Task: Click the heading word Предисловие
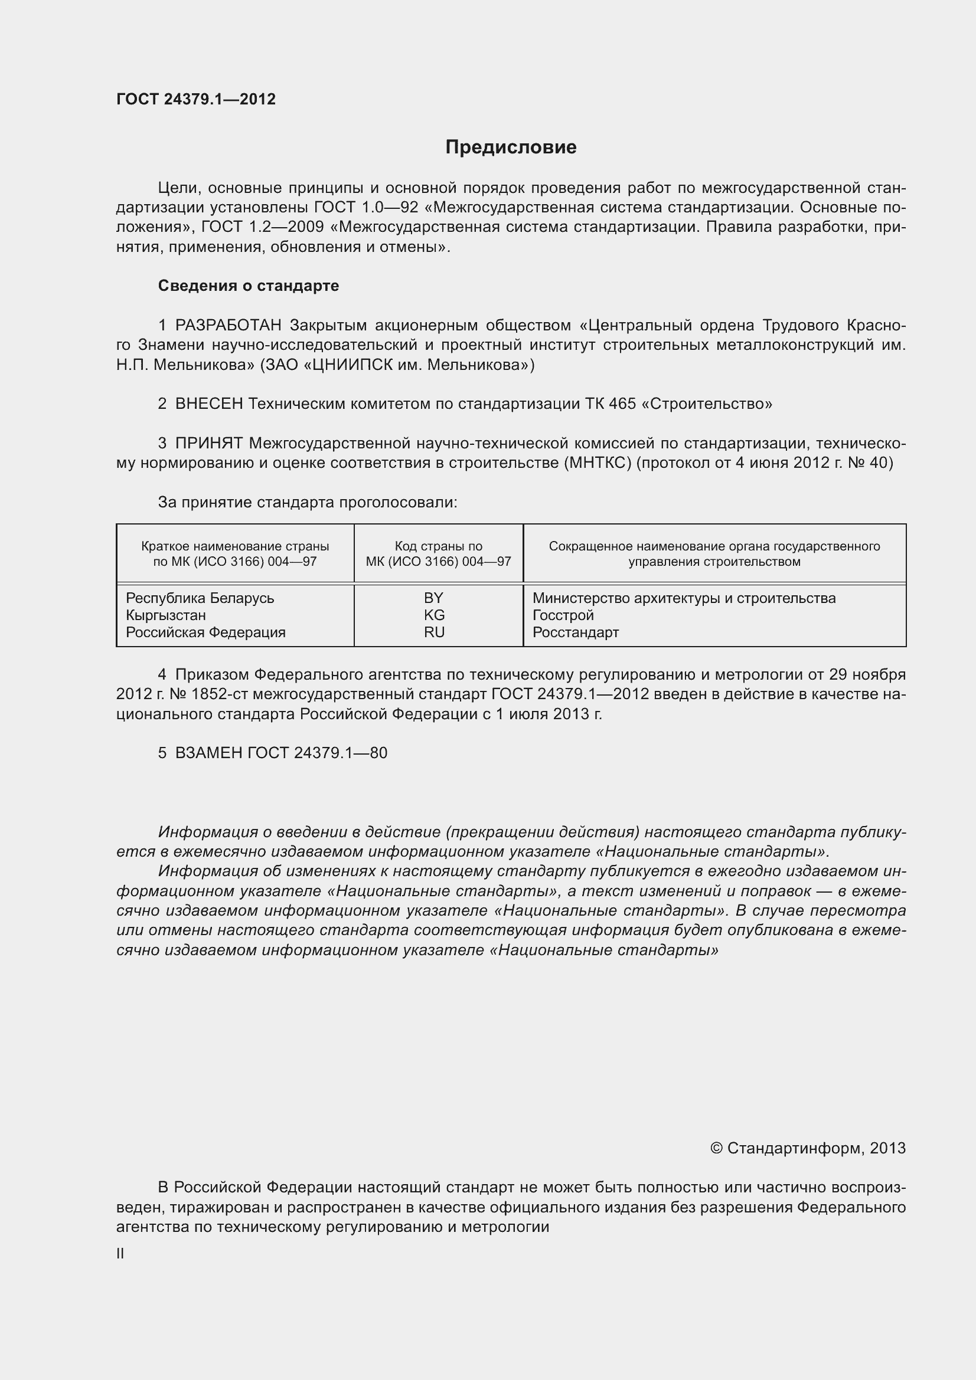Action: pos(511,147)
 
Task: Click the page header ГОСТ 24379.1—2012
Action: pos(196,99)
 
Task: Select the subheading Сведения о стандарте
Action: pos(249,286)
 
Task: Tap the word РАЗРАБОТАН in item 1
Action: pos(228,325)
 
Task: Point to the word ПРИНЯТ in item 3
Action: pos(208,443)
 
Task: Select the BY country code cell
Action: pos(433,598)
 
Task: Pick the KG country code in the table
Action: pos(434,615)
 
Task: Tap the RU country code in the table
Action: pos(434,632)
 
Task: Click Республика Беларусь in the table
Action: pos(200,598)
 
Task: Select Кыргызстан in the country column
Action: pos(166,615)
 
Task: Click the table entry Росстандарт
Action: pos(576,632)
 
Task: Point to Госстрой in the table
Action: pos(563,615)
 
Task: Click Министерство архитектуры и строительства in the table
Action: pos(684,598)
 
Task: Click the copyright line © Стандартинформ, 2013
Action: pos(807,1148)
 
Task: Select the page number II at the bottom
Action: pos(120,1254)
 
